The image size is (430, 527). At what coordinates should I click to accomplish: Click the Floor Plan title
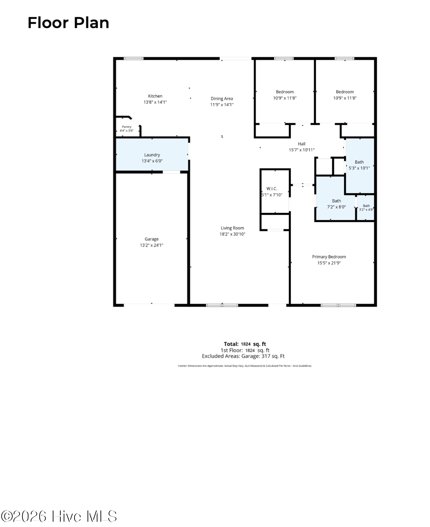point(68,23)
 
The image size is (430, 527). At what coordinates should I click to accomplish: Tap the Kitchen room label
point(155,96)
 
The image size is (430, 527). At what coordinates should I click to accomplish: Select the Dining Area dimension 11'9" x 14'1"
point(222,105)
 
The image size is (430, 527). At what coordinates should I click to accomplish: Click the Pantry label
point(126,127)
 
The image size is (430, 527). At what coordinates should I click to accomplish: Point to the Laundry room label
point(152,155)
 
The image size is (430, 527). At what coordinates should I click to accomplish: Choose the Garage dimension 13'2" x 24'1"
point(151,245)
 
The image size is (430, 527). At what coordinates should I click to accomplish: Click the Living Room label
point(232,228)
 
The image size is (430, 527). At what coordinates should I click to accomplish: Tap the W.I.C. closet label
point(272,189)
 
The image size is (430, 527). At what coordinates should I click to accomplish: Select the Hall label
point(301,144)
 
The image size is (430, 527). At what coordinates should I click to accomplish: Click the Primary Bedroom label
point(329,256)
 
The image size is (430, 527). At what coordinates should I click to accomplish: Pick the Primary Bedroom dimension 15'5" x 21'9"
point(329,263)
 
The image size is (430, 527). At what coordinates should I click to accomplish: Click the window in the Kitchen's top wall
point(133,58)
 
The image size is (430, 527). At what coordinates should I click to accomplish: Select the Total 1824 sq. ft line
point(245,344)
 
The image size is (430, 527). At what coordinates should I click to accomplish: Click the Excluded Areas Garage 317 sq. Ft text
point(243,356)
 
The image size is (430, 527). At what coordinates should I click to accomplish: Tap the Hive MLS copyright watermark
point(59,516)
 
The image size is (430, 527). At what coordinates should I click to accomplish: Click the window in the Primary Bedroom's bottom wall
point(338,305)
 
